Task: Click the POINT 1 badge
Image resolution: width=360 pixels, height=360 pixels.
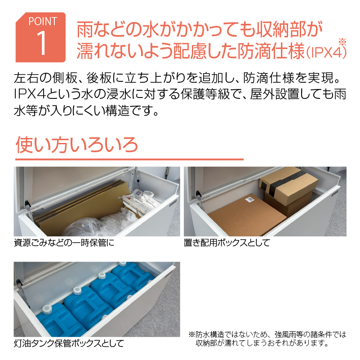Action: [40, 37]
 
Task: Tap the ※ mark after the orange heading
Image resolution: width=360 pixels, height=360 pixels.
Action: [342, 42]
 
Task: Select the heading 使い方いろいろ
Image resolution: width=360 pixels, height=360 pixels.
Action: [77, 145]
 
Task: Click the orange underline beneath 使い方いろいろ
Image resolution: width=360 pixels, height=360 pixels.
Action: [129, 159]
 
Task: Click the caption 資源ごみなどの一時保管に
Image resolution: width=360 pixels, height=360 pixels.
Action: [64, 243]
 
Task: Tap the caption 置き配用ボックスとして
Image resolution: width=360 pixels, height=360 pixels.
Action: [227, 243]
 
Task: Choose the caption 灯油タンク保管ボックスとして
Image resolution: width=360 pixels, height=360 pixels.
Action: [69, 343]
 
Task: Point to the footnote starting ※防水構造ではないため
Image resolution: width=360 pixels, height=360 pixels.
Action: [267, 338]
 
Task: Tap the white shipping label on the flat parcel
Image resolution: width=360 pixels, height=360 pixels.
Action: [249, 200]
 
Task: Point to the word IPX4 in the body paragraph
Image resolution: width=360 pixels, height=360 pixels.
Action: [28, 94]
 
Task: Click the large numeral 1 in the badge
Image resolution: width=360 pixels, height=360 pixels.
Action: [41, 43]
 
